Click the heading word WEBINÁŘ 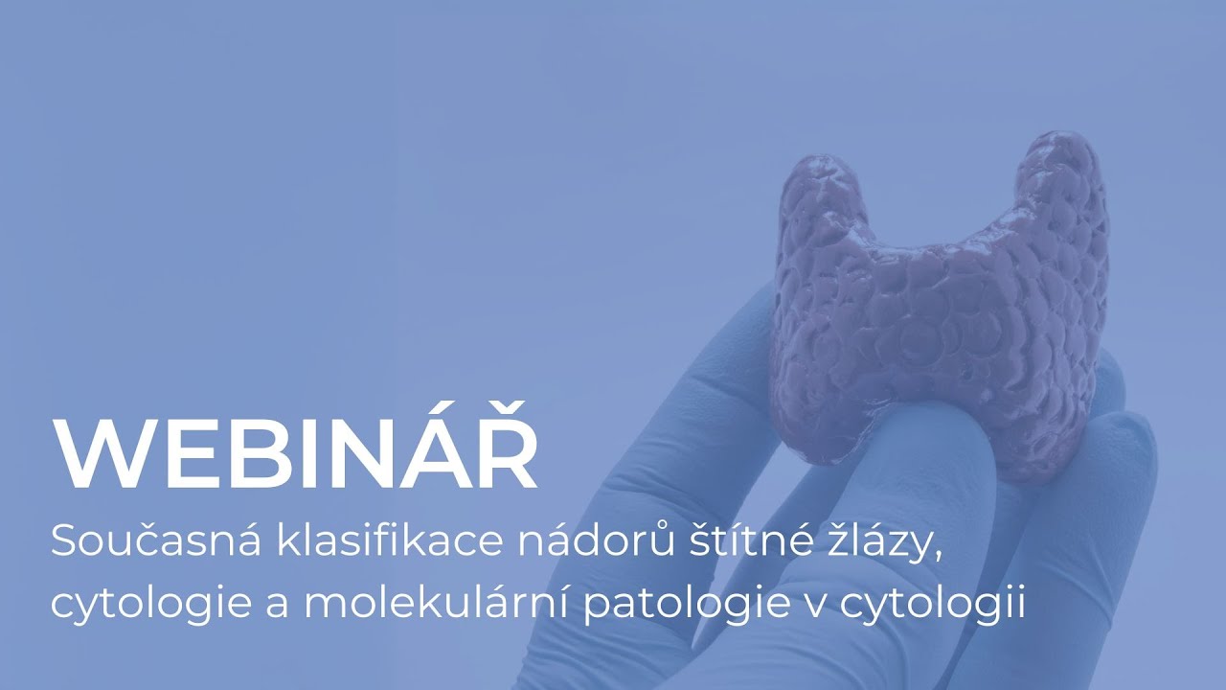coord(295,455)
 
